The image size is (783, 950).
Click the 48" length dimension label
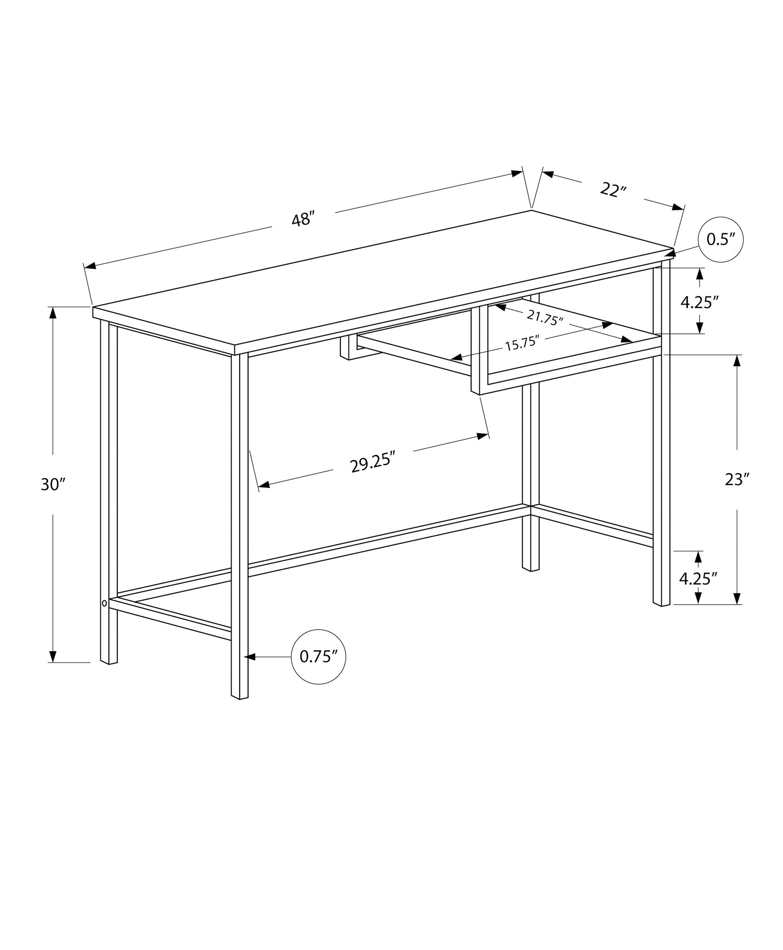(303, 219)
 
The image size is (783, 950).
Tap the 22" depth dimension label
(613, 190)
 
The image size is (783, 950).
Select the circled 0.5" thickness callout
(720, 240)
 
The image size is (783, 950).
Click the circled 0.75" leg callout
(318, 657)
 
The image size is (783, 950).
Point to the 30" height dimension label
(53, 484)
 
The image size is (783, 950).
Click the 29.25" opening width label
(373, 463)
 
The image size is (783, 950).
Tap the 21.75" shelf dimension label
(545, 317)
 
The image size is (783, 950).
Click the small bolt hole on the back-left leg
(104, 603)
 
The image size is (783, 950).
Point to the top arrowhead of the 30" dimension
(53, 313)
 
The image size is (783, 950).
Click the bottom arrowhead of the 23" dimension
(737, 598)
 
